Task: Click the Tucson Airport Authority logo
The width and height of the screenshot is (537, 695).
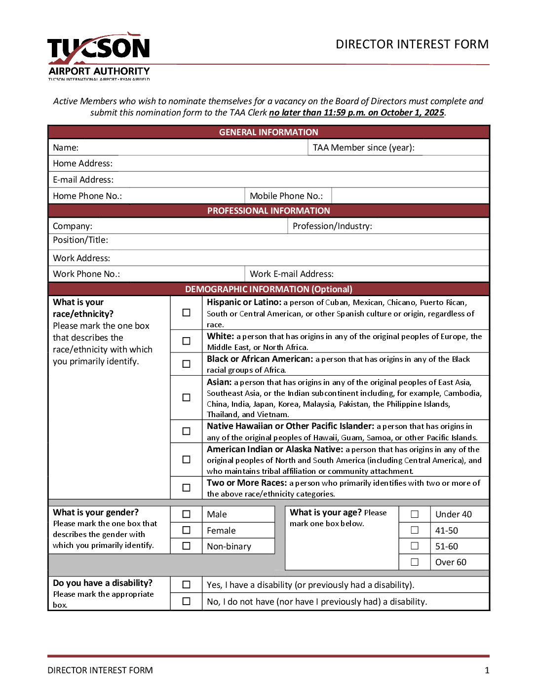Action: tap(99, 56)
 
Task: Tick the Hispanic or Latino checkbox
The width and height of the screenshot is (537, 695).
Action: tap(186, 312)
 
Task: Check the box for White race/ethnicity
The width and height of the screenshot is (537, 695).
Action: tap(186, 341)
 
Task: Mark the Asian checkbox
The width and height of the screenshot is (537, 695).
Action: tap(186, 397)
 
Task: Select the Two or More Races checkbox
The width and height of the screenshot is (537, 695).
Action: tap(186, 488)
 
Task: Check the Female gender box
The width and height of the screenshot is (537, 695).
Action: tap(186, 530)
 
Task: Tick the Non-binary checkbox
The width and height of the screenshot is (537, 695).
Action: tap(186, 546)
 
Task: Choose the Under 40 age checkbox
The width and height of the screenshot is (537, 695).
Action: tap(415, 514)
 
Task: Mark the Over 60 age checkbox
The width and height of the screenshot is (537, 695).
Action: tap(415, 562)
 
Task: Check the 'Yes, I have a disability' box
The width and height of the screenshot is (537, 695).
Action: tap(186, 584)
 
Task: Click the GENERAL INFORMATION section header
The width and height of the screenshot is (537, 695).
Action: tap(268, 132)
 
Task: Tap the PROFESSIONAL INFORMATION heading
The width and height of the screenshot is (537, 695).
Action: tap(268, 211)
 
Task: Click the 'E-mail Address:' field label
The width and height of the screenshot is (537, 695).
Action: tap(83, 180)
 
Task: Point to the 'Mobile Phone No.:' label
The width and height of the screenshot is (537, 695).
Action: tap(286, 196)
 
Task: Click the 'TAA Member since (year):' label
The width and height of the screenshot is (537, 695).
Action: tap(364, 148)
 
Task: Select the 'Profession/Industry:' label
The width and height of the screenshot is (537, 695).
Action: tap(332, 226)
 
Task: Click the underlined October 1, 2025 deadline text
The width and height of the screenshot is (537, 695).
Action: tap(356, 113)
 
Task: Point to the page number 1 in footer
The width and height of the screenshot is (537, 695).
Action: tap(487, 670)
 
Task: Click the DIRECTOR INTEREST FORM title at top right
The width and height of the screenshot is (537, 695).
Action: tap(412, 44)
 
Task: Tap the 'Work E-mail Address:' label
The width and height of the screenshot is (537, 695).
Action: tap(292, 274)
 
